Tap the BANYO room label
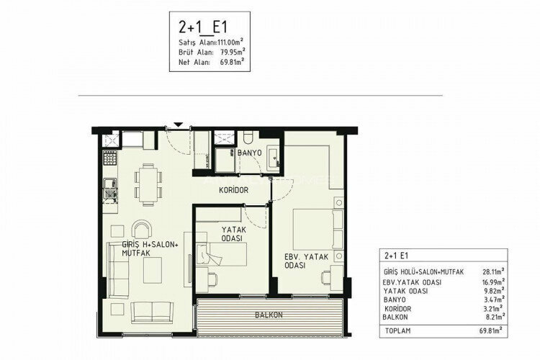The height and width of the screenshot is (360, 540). tap(248, 153)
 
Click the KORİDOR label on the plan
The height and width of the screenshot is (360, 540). tap(234, 190)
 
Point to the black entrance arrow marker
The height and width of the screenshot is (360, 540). tap(179, 124)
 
